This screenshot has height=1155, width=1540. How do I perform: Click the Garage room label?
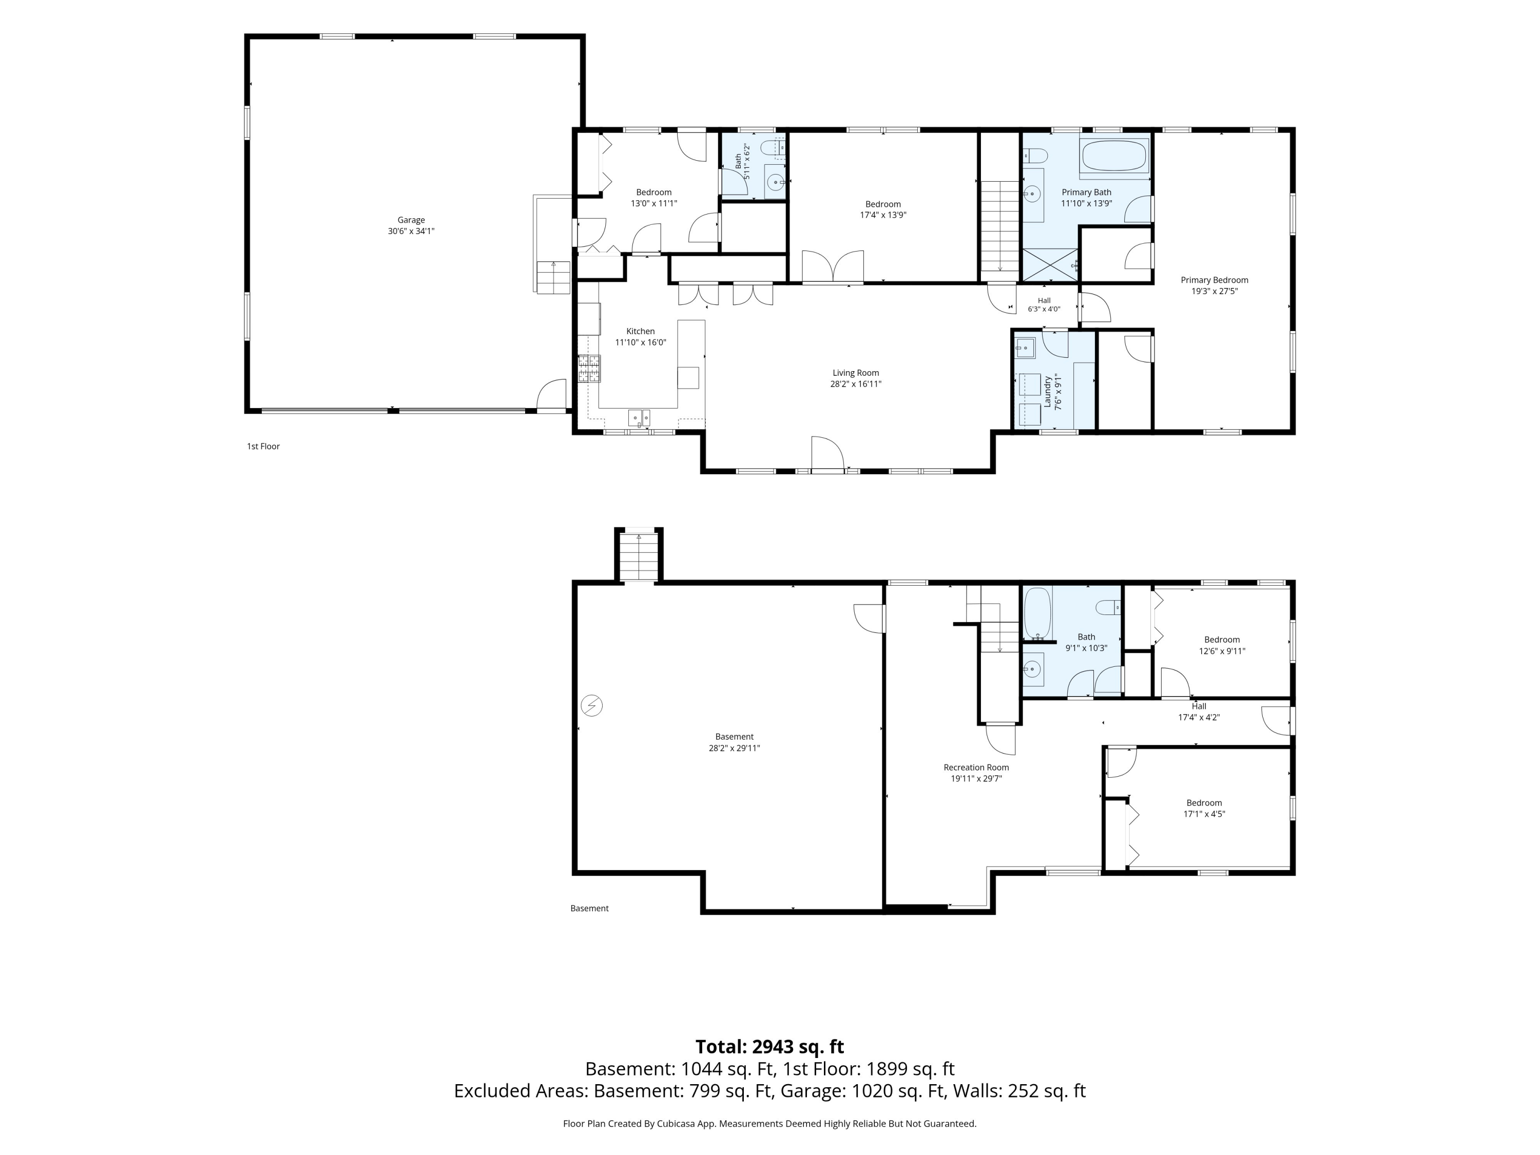[411, 220]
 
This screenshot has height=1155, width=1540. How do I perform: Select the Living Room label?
[856, 373]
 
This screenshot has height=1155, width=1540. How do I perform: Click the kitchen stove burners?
[589, 368]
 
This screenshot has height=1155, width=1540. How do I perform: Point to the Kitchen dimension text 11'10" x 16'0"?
[641, 342]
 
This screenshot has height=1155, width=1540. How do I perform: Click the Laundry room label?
[1047, 392]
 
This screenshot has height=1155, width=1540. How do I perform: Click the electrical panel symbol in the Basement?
[592, 706]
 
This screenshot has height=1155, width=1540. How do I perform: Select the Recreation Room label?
[976, 767]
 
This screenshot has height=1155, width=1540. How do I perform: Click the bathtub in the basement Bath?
[1037, 613]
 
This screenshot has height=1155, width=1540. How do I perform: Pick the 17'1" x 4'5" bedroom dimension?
[1204, 814]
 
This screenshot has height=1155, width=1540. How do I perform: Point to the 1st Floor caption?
[263, 446]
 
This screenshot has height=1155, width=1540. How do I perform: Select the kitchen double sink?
[639, 418]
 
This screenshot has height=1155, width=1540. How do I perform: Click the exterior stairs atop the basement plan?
[639, 556]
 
